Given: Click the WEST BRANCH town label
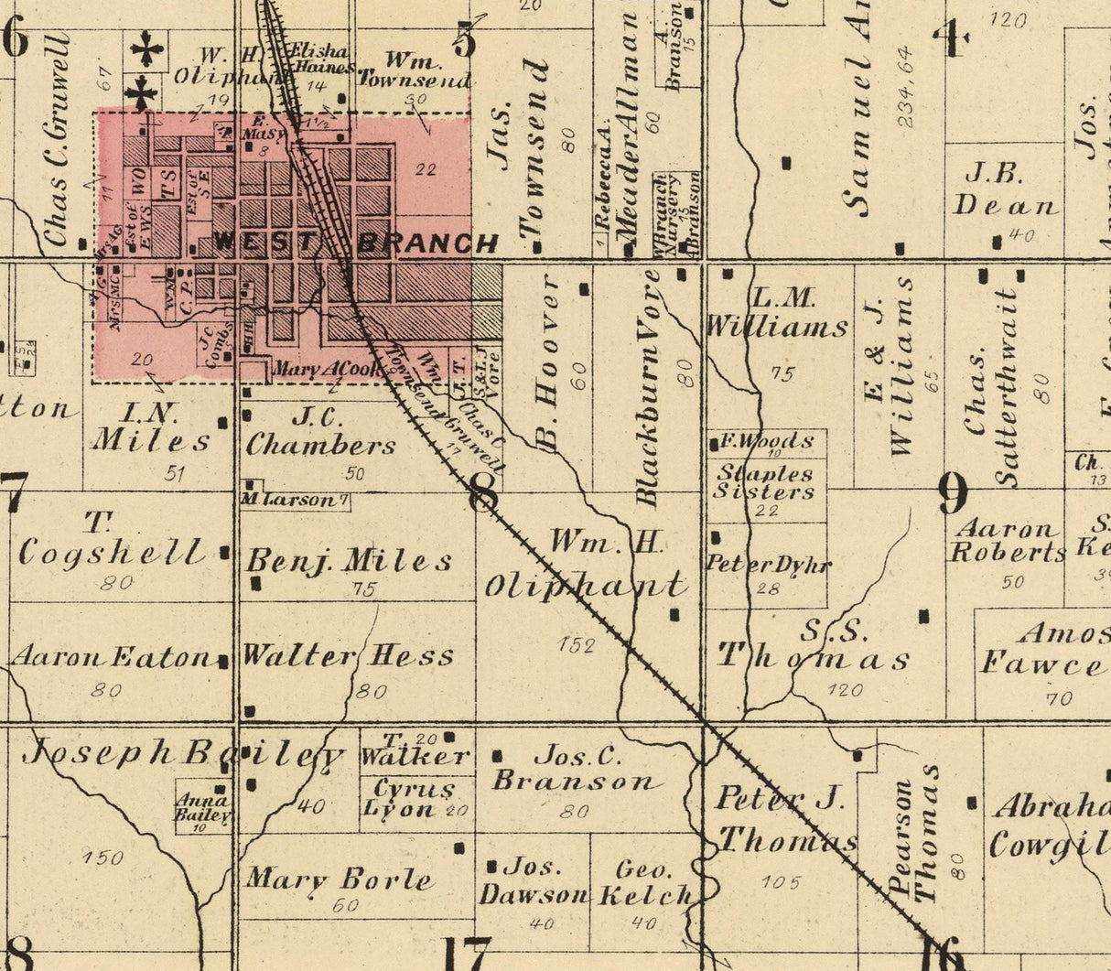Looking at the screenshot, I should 357,243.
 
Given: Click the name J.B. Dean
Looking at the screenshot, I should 1006,189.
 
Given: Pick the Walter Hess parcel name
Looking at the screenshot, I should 348,655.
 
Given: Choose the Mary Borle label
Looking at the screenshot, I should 339,879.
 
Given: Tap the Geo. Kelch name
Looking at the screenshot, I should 644,882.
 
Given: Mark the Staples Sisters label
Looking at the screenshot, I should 766,482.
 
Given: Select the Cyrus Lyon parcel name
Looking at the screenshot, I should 411,798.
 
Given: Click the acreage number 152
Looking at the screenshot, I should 577,645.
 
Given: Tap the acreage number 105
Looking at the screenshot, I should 780,882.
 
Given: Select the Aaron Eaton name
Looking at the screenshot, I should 111,656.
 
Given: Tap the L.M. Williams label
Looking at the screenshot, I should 777,312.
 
